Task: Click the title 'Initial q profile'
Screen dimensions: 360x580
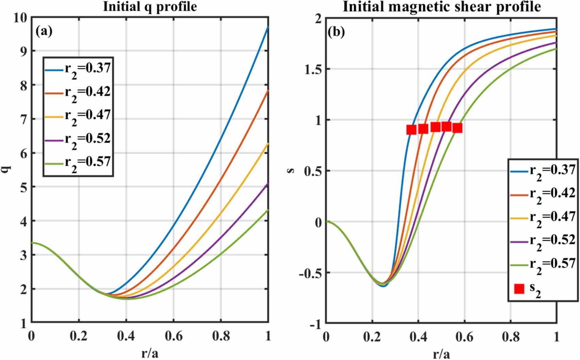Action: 150,7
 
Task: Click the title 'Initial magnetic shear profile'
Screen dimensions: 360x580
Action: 441,7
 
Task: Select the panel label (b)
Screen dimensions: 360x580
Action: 336,32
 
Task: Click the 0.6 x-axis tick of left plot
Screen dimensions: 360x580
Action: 173,336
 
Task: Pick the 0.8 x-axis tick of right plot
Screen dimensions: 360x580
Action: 511,337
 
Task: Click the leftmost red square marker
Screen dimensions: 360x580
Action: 411,130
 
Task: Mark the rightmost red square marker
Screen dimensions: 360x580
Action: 458,128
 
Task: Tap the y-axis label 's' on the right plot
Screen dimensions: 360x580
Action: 291,170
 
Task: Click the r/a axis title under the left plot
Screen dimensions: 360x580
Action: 150,354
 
